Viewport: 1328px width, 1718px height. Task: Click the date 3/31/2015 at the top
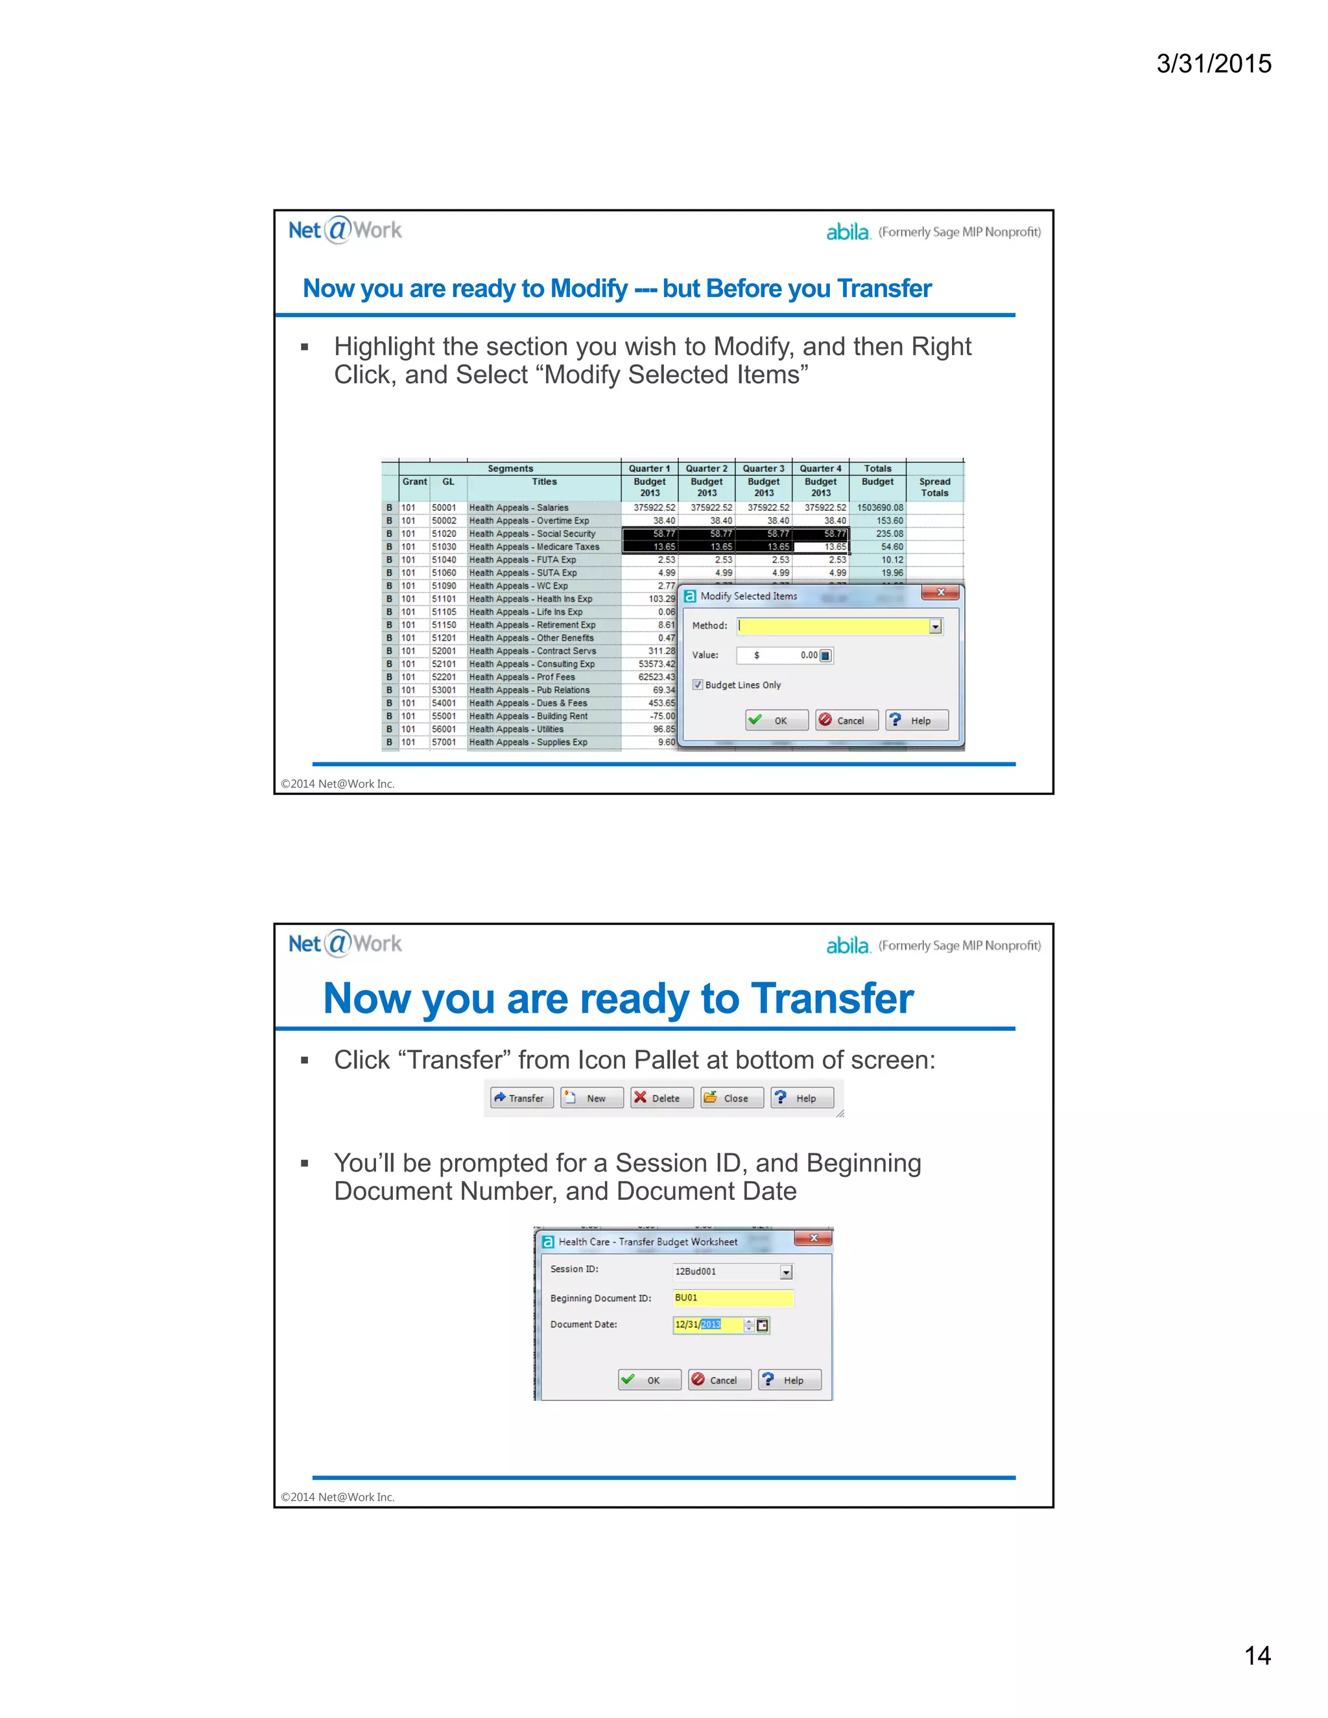click(x=1213, y=64)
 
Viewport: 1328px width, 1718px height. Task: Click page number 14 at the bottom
click(x=1257, y=1655)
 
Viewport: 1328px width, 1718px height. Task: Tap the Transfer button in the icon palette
click(x=521, y=1098)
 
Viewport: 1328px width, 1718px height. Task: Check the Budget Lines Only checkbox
click(x=698, y=685)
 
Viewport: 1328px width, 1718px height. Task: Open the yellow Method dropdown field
click(x=838, y=626)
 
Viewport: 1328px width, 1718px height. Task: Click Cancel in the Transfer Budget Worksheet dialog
click(x=719, y=1380)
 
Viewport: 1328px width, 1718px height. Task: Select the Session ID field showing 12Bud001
click(x=731, y=1271)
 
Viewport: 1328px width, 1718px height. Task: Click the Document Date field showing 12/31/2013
click(x=708, y=1324)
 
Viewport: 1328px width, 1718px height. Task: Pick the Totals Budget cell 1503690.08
click(x=879, y=508)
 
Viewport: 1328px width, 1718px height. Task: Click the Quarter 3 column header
click(x=763, y=469)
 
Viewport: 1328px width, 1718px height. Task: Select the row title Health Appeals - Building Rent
click(x=528, y=716)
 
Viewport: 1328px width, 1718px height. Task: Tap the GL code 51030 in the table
click(x=444, y=547)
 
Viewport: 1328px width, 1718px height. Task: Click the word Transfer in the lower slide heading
click(x=831, y=999)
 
